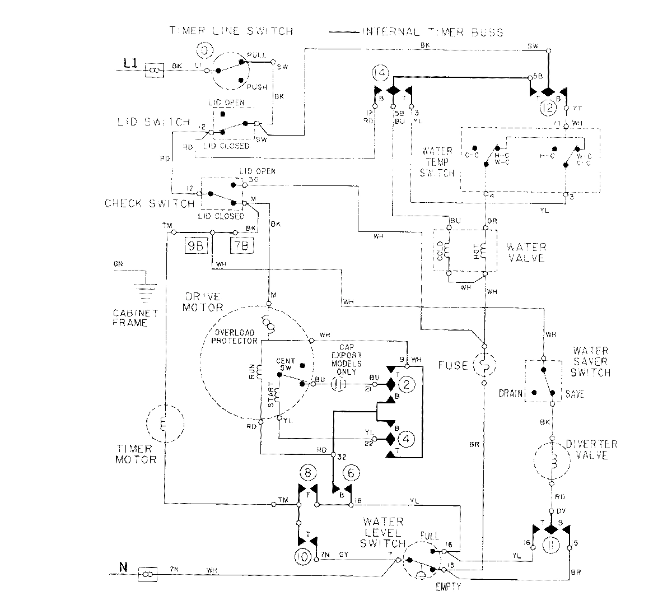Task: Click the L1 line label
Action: (x=130, y=65)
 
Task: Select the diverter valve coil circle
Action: (x=552, y=461)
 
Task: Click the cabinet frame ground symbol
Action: (x=145, y=283)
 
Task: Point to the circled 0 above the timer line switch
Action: (x=205, y=51)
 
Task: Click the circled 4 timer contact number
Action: (x=407, y=439)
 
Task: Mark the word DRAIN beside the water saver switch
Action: (x=511, y=394)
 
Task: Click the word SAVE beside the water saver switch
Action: (x=575, y=394)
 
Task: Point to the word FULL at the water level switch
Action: (x=432, y=535)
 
